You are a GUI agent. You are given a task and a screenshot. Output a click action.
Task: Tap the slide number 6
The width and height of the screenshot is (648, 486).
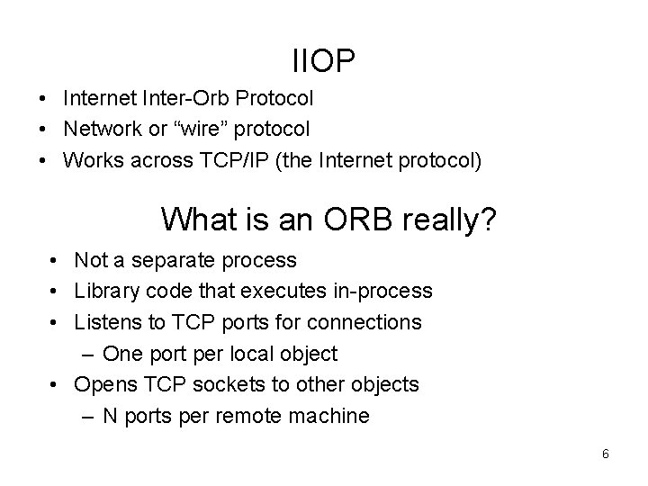point(606,454)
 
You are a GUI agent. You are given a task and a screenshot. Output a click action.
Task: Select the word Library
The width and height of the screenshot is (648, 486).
point(103,292)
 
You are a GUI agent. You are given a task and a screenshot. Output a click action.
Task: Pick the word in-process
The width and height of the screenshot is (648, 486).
point(388,292)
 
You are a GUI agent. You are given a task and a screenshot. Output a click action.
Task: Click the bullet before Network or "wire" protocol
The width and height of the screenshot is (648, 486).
point(43,130)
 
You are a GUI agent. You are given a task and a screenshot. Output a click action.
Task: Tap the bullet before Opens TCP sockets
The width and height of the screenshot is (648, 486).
point(55,385)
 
